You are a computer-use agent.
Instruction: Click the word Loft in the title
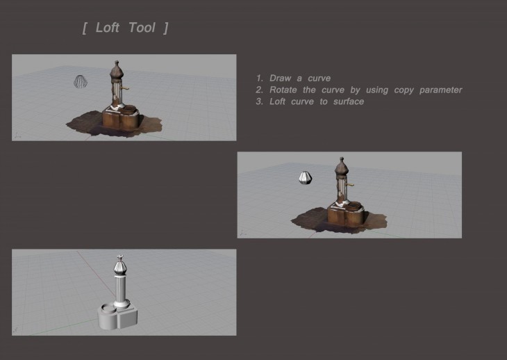108,28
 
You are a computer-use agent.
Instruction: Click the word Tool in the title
142,28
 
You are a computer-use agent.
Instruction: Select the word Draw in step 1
281,78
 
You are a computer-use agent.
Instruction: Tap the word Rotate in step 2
283,90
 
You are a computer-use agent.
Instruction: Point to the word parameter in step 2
441,90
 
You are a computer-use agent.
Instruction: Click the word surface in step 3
349,101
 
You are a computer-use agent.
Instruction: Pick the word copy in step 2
404,90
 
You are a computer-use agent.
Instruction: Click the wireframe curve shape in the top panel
81,81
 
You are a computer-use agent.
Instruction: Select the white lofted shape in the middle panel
305,178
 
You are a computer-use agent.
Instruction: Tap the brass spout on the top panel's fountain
124,88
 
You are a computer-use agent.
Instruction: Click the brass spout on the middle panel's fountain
350,185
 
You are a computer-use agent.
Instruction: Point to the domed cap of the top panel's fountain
117,70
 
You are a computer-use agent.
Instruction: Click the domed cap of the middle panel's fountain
342,167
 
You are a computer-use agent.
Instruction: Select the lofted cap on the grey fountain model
119,265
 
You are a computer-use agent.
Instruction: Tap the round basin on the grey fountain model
108,309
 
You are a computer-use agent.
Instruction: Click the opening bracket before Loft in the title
85,28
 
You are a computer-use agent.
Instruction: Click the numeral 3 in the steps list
259,101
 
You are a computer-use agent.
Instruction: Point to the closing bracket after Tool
166,28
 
